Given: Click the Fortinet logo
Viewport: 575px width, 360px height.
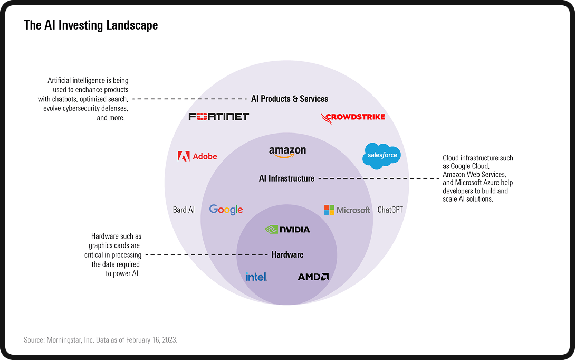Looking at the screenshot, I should tap(218, 117).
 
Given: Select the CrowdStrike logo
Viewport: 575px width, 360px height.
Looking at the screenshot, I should tap(353, 117).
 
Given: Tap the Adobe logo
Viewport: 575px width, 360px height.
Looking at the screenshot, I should tap(197, 156).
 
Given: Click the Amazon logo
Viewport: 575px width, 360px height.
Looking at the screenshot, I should tap(287, 152).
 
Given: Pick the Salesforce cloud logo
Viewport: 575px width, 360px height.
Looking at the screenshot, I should tap(381, 156).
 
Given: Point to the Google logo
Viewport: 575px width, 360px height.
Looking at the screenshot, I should tap(226, 210).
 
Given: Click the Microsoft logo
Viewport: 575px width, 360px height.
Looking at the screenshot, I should tap(347, 210).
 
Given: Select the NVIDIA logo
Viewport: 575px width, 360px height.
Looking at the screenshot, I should tap(287, 230).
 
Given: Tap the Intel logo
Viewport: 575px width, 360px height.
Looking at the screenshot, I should tap(256, 277).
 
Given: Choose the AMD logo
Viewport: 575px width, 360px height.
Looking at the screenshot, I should tap(313, 277).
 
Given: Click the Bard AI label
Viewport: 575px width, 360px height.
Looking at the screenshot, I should tap(184, 210).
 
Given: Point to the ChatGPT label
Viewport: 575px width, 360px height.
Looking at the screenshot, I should tap(390, 210).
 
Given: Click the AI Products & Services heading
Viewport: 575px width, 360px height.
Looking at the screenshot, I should tap(290, 99).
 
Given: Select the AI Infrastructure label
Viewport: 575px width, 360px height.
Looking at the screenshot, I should tap(286, 178).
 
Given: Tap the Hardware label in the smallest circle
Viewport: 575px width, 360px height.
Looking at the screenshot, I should tap(287, 254).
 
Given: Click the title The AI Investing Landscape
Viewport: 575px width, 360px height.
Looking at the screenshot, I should tap(91, 25).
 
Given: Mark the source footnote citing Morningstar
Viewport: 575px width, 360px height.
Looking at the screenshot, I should tap(101, 340).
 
